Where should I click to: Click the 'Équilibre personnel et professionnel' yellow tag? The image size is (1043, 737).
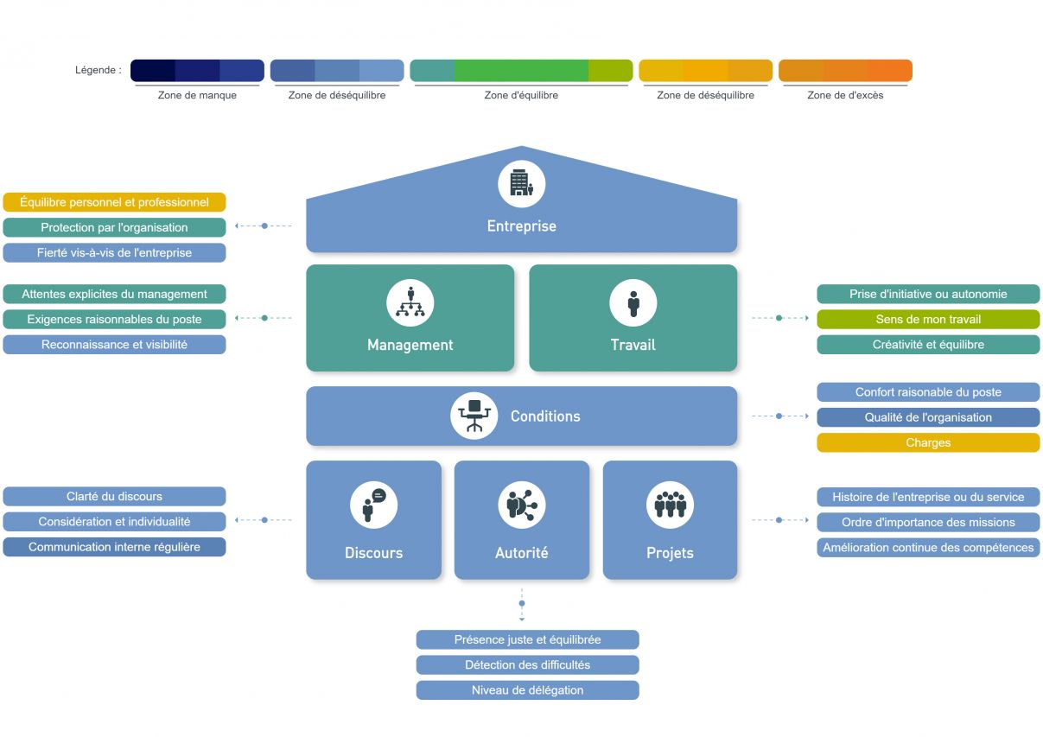coord(114,202)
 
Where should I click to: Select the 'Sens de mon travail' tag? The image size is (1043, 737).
coord(928,320)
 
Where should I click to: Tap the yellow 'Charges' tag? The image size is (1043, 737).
coord(928,443)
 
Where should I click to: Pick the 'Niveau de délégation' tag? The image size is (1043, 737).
coord(527,690)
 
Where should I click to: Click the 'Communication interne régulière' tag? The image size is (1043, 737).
coord(114,547)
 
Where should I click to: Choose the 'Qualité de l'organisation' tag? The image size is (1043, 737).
coord(928,417)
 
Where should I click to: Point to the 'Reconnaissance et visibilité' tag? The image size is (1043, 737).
coord(114,345)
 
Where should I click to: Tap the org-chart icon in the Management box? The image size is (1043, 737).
coord(410,303)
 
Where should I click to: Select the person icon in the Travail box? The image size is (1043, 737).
coord(633,303)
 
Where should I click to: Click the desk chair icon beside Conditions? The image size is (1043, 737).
coord(474,416)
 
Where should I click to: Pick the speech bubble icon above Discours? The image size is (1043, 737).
coord(373,505)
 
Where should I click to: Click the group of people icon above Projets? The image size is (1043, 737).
coord(670,505)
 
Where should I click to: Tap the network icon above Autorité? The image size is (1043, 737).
coord(521,505)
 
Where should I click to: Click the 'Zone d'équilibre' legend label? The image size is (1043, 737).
coord(521,95)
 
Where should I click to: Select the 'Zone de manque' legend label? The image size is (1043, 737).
coord(197,95)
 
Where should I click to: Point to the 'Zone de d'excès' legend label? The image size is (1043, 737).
coord(845,95)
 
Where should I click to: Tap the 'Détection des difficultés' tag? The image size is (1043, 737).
coord(527,665)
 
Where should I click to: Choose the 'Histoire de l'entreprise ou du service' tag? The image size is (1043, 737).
coord(928,497)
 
